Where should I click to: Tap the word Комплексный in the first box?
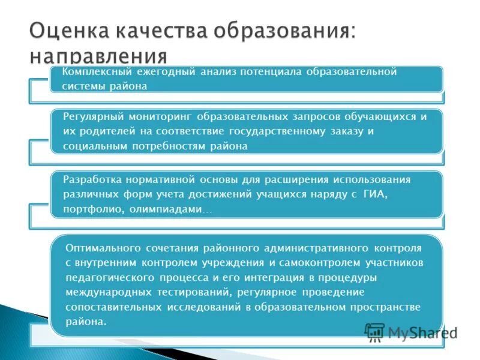(x=96, y=72)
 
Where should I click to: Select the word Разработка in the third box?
(x=92, y=179)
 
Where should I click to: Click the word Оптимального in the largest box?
(x=101, y=248)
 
